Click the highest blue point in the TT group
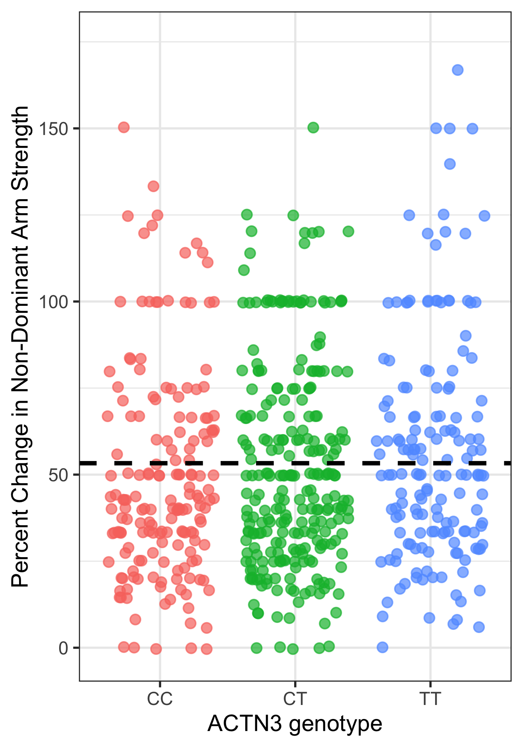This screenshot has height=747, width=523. pos(457,70)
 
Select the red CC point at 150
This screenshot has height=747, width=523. pos(124,127)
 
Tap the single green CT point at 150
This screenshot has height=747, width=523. pos(313,128)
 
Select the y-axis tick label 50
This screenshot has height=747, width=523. pos(58,475)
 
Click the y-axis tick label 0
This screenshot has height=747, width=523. pos(63,648)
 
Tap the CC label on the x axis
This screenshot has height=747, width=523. pos(160,699)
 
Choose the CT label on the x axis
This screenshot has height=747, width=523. pos(295,699)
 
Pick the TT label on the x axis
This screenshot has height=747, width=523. pos(430,699)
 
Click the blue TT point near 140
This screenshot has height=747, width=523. pos(450,164)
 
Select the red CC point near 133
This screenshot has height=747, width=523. pos(153,186)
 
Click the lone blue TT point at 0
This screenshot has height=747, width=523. pos(383,647)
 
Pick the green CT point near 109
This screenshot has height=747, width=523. pos(244,270)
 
